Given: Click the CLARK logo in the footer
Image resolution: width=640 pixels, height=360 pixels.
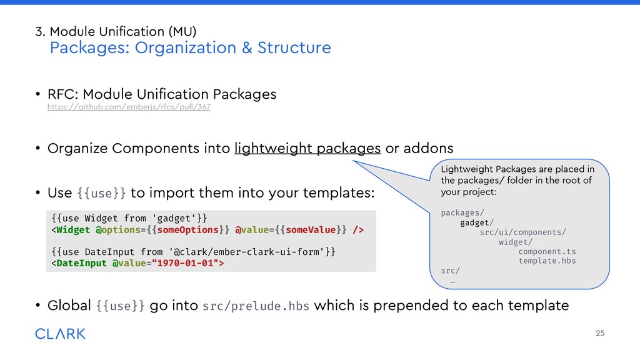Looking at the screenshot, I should click(61, 334).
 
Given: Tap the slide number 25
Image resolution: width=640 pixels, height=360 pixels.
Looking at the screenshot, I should click(600, 333).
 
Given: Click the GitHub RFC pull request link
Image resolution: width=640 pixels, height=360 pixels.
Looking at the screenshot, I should click(129, 107).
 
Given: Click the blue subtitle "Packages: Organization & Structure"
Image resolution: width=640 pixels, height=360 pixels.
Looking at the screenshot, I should click(190, 48).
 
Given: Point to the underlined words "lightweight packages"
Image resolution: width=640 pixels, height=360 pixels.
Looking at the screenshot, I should click(307, 148).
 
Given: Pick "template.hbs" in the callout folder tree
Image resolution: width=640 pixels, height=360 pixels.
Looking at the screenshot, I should click(547, 261).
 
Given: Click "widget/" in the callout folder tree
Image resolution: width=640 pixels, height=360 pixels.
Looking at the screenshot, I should click(516, 242).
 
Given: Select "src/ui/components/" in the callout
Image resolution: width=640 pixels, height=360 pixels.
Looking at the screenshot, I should click(522, 232).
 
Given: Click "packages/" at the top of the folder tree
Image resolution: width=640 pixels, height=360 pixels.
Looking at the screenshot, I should click(462, 213).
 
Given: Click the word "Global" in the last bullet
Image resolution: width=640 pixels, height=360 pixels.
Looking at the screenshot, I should click(70, 306).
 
